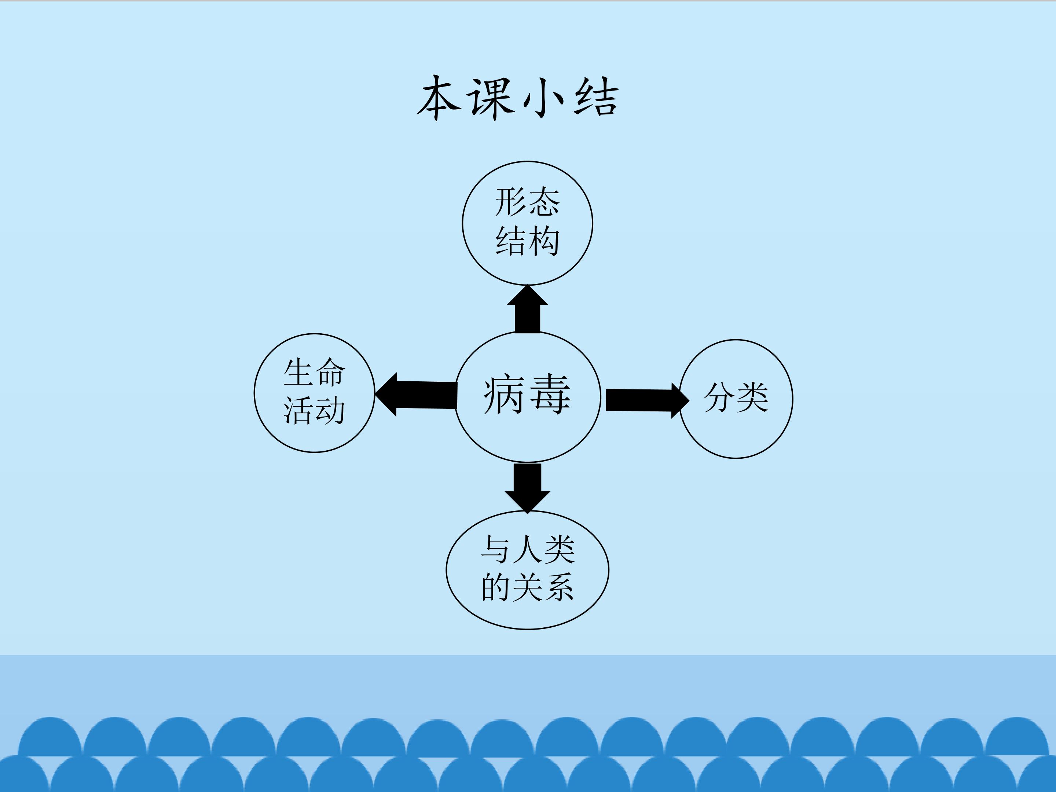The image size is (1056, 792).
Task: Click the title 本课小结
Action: (x=518, y=98)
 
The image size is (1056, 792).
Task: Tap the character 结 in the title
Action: (x=596, y=98)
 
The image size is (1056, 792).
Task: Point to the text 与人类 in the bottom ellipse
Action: (x=528, y=550)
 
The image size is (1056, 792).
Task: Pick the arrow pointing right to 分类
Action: (x=645, y=400)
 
